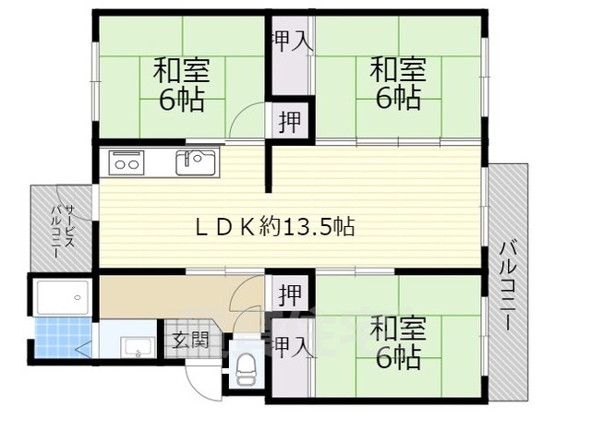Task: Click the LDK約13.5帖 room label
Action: pos(274,225)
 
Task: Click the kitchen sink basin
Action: pos(196,162)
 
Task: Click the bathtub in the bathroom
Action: pos(63,297)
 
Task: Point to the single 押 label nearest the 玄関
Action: pos(290,296)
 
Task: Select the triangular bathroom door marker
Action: pos(84,349)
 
